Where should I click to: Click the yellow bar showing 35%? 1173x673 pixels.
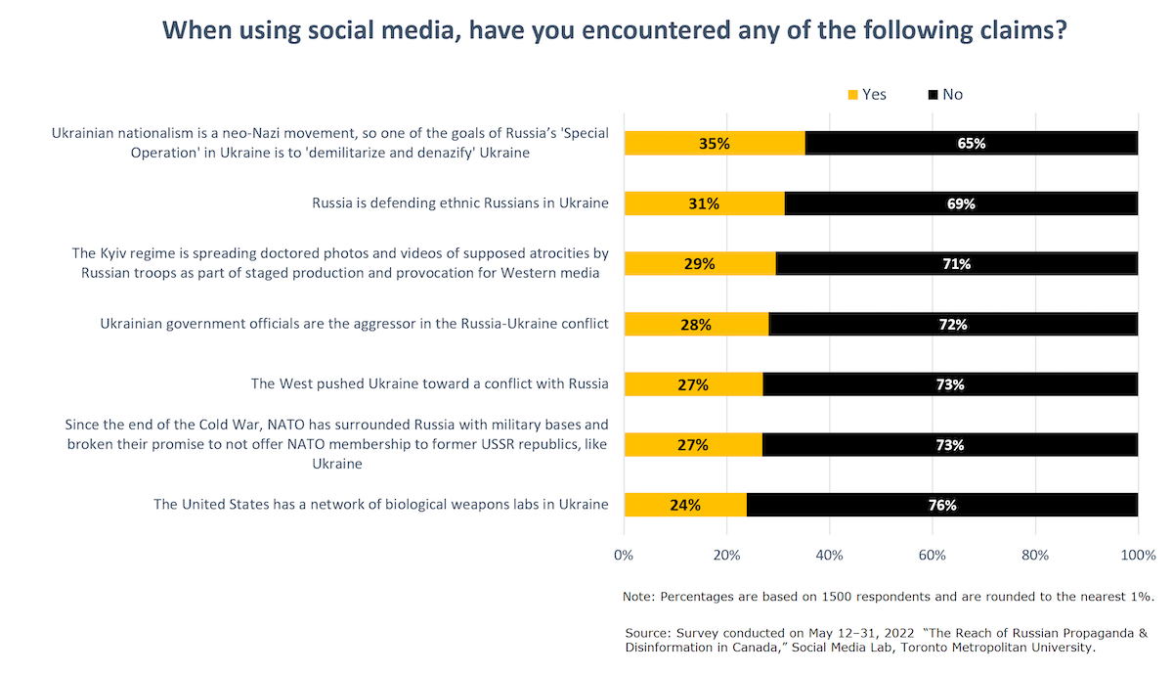[715, 143]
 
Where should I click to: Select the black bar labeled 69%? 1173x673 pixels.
[961, 203]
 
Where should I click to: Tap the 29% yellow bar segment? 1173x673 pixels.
[700, 264]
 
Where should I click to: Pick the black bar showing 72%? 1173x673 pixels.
[953, 324]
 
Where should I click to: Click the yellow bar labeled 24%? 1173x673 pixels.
[685, 505]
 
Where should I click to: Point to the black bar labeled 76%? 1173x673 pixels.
[942, 505]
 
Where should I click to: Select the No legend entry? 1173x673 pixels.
[944, 94]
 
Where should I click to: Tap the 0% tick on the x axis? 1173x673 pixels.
[624, 556]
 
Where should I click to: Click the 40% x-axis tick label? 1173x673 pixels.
[829, 556]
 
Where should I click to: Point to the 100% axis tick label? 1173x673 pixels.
[1137, 556]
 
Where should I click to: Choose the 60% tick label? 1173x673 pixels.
[933, 556]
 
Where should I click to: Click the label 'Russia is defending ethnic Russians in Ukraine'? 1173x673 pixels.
[460, 203]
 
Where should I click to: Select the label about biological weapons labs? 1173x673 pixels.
[381, 505]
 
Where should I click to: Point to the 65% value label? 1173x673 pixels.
[972, 144]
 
